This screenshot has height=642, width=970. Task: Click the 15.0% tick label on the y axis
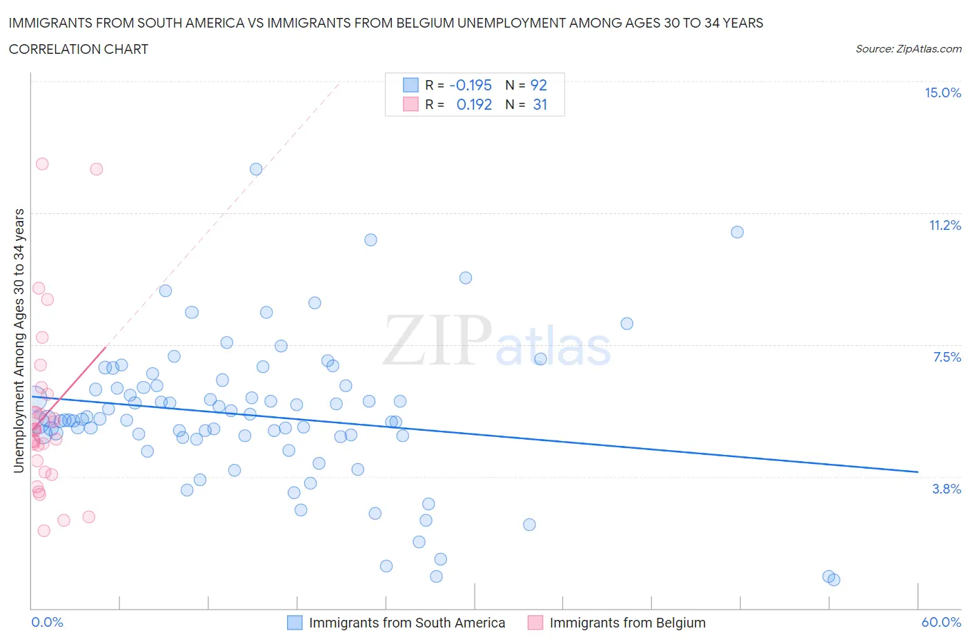tap(942, 93)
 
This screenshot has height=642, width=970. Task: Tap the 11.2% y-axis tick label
tap(944, 226)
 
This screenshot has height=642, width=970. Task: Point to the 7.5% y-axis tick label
tap(947, 358)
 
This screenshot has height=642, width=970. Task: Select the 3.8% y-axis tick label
tap(947, 489)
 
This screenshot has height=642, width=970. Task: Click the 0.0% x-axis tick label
tap(47, 623)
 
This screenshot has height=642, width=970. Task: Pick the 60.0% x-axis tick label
tap(941, 623)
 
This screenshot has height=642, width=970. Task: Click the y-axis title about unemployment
tap(19, 341)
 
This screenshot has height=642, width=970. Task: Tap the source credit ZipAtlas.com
tap(908, 49)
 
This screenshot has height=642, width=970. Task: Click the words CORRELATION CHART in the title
tap(79, 49)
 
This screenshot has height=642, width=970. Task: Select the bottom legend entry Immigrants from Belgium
tap(627, 623)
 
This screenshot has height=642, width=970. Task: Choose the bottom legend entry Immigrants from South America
tap(406, 623)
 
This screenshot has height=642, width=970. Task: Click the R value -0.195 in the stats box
tap(471, 85)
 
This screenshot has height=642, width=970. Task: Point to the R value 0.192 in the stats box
tap(474, 104)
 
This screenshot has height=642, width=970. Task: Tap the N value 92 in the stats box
tap(538, 85)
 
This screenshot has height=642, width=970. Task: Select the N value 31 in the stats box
tap(540, 104)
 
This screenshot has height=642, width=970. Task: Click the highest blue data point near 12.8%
tap(256, 169)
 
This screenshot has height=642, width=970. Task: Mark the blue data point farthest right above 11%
tap(737, 232)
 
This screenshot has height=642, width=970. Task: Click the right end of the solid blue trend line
tap(918, 471)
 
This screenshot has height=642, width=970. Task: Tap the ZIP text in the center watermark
tap(437, 340)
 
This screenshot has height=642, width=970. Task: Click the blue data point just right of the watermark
tap(540, 359)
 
